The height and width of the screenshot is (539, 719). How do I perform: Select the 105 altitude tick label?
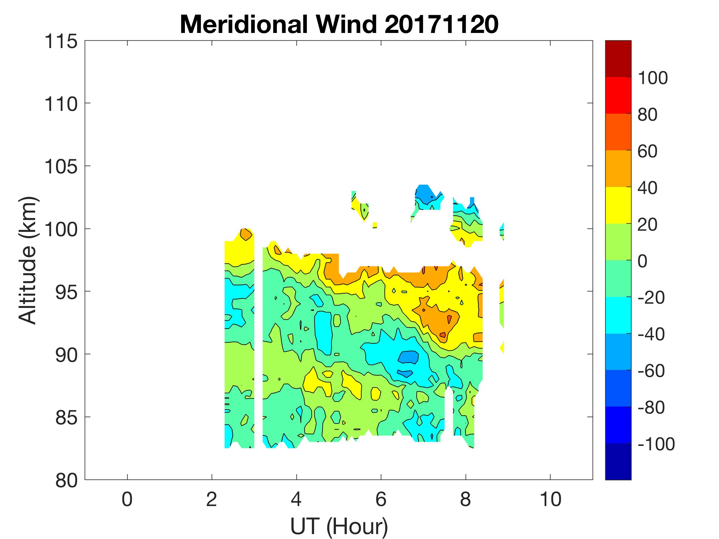(61, 167)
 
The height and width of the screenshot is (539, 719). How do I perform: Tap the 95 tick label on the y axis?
(66, 292)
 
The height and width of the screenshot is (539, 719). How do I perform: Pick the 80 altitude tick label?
(66, 480)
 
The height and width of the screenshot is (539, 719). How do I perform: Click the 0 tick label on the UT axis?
(127, 499)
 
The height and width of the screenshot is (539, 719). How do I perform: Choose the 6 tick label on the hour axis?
(381, 499)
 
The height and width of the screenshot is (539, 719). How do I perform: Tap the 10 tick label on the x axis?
(550, 499)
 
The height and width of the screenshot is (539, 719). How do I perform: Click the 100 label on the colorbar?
(652, 78)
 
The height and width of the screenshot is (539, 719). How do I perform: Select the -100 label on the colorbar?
(656, 444)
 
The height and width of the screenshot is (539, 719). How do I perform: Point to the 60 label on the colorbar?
(647, 151)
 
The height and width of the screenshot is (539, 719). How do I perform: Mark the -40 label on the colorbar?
(651, 334)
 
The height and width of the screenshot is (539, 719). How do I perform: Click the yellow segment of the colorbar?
(618, 205)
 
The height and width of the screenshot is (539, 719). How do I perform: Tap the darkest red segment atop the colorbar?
(618, 59)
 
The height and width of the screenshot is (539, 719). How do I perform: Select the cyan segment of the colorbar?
(618, 315)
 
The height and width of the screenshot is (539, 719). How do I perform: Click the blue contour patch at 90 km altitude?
(408, 357)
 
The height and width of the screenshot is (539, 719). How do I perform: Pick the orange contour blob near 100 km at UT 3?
(246, 234)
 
